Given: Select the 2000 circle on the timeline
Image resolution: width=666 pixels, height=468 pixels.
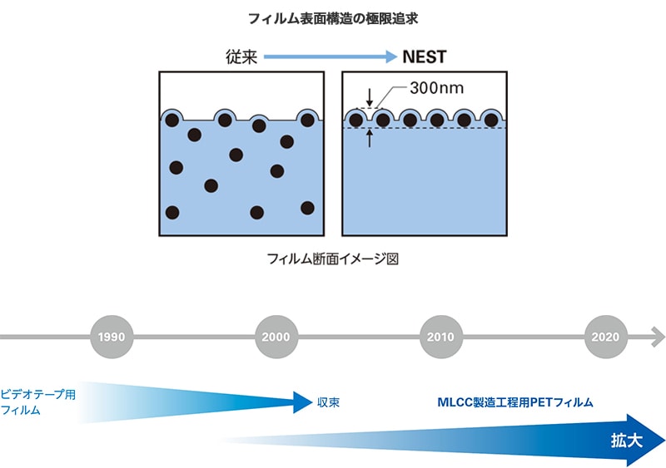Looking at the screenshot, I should point(276,337).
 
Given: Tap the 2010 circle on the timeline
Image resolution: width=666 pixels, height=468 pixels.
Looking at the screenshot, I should point(441,337).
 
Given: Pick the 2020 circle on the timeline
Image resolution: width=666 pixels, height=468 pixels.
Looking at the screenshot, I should point(607,337).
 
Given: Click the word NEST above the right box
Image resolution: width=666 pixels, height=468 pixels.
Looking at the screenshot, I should point(425,57).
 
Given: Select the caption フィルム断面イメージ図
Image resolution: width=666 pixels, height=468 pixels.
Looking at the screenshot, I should point(333,259).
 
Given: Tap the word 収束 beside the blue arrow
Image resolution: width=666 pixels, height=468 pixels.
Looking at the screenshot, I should point(328,402).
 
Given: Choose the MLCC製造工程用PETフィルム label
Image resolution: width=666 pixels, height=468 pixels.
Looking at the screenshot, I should point(515,402).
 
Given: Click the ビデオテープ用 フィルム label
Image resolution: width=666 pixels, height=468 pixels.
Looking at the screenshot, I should point(37,402).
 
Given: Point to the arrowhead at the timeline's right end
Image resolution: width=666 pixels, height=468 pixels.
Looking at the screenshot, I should point(658,337).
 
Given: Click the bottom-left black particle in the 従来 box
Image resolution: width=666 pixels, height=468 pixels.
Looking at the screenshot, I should point(172,212).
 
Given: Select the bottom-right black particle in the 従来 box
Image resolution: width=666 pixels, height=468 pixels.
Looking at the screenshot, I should point(307,207).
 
